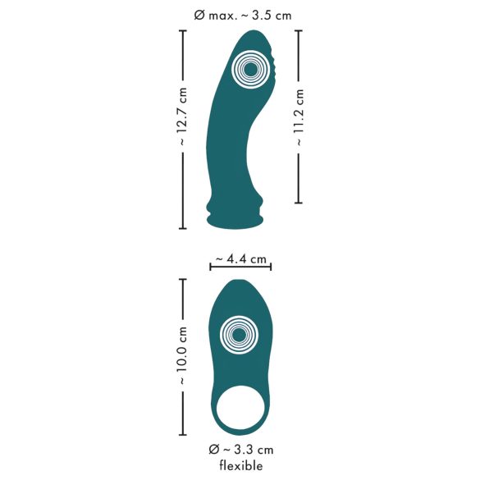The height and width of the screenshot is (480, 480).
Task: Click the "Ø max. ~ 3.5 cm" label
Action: click(239, 13)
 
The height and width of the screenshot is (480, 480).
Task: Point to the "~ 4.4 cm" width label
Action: click(240, 259)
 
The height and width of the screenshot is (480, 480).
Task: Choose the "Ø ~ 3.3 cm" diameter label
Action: click(240, 449)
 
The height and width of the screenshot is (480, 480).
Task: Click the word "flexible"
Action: click(240, 466)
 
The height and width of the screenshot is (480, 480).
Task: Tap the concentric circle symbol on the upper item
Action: click(250, 71)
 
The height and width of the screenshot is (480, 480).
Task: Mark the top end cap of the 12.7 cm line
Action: click(183, 30)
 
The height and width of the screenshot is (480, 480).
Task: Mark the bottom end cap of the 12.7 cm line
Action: click(183, 228)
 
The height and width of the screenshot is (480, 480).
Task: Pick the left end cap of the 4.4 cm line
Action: click(211, 265)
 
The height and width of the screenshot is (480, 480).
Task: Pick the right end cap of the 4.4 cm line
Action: click(271, 265)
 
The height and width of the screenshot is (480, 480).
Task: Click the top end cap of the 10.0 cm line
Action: click(183, 280)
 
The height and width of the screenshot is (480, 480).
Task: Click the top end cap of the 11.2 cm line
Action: click(299, 30)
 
